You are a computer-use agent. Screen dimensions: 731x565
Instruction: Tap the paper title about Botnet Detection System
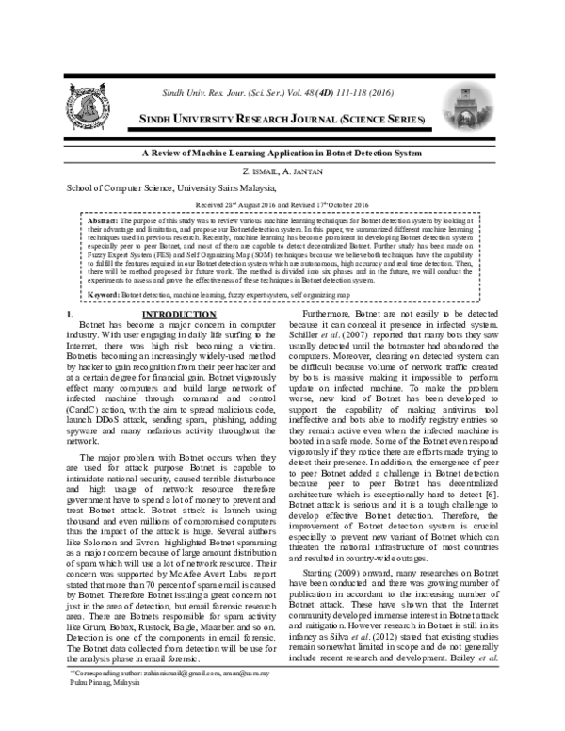pos(282,153)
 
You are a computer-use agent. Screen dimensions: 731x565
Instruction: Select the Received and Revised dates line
pos(282,204)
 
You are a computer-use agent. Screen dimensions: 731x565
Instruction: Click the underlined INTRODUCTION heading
pos(180,313)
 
